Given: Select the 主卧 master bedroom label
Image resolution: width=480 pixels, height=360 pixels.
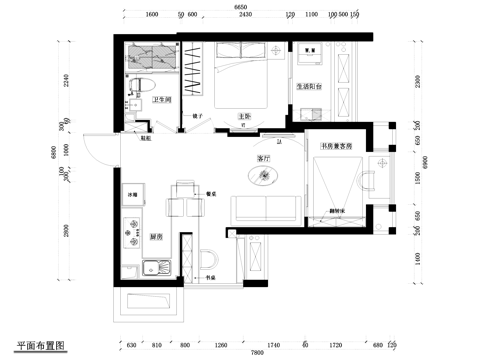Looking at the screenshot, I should (x=243, y=116).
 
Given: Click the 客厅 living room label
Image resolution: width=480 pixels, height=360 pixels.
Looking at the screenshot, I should (x=264, y=158).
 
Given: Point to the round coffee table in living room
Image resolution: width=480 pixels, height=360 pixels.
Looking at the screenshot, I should (x=265, y=177).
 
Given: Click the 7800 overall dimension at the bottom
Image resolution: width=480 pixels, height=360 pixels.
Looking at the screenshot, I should (x=257, y=353).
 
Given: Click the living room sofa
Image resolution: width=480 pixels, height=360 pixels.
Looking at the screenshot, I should (x=264, y=208).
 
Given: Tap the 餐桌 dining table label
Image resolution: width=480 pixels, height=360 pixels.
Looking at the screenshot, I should (x=211, y=194).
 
